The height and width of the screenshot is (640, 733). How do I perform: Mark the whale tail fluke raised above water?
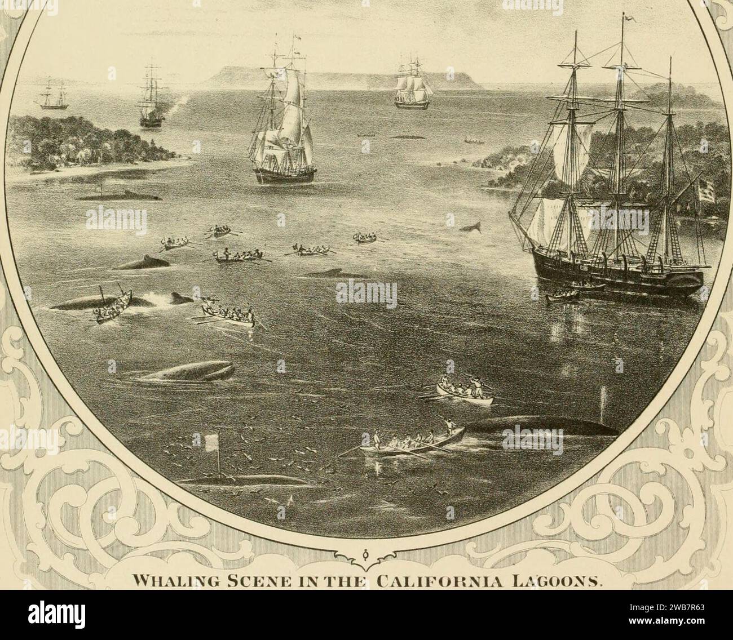pos(470,227)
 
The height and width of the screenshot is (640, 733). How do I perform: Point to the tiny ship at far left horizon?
pos(52,95)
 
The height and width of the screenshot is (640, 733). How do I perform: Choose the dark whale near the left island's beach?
pos(118,196)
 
